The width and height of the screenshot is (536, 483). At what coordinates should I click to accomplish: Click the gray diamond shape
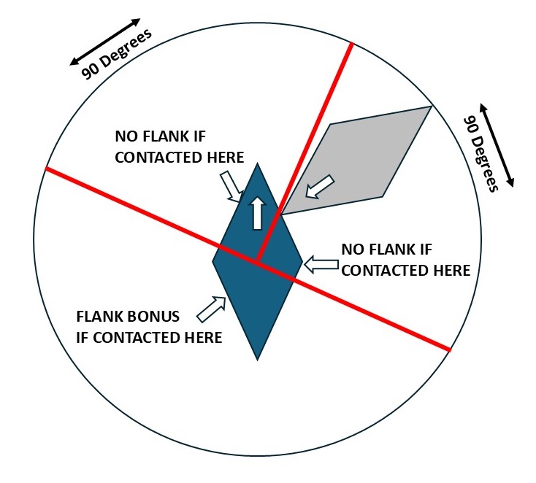point(365,157)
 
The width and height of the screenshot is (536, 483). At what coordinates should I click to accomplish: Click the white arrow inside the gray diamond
point(320,188)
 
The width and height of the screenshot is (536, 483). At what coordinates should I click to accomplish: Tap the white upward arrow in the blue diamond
point(256,212)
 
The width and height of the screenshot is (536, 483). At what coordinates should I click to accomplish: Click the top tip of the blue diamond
point(257,164)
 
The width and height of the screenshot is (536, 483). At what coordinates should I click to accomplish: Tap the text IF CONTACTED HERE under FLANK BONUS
point(149,337)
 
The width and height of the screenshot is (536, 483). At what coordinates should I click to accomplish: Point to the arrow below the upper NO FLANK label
point(233,185)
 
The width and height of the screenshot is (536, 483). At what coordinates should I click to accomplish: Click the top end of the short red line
point(352,45)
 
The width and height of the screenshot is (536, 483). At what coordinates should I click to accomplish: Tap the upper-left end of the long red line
point(47,169)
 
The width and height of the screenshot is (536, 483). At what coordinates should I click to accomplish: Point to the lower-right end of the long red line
point(449,349)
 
